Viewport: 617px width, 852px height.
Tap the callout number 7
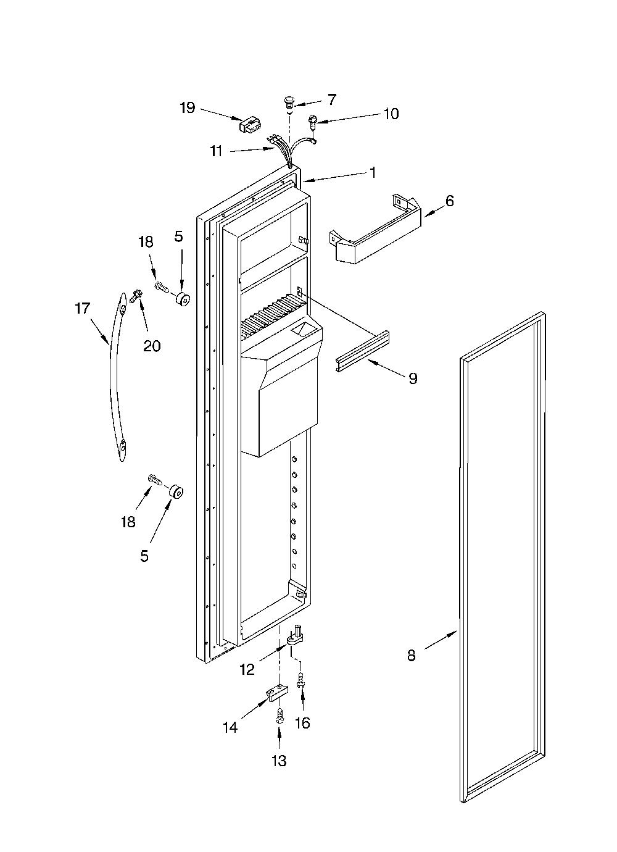(x=332, y=99)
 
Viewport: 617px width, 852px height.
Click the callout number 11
(x=217, y=151)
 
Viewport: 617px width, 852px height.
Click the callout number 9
(x=413, y=378)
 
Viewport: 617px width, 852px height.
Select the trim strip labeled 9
(x=362, y=351)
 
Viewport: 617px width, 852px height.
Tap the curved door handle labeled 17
(x=117, y=377)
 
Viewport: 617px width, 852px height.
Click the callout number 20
(x=152, y=346)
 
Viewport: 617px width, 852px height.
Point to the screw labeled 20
(x=135, y=296)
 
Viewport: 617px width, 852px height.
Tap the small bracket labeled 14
(x=277, y=695)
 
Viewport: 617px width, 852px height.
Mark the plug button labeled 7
(x=290, y=102)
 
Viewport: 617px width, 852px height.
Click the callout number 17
(x=83, y=309)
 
